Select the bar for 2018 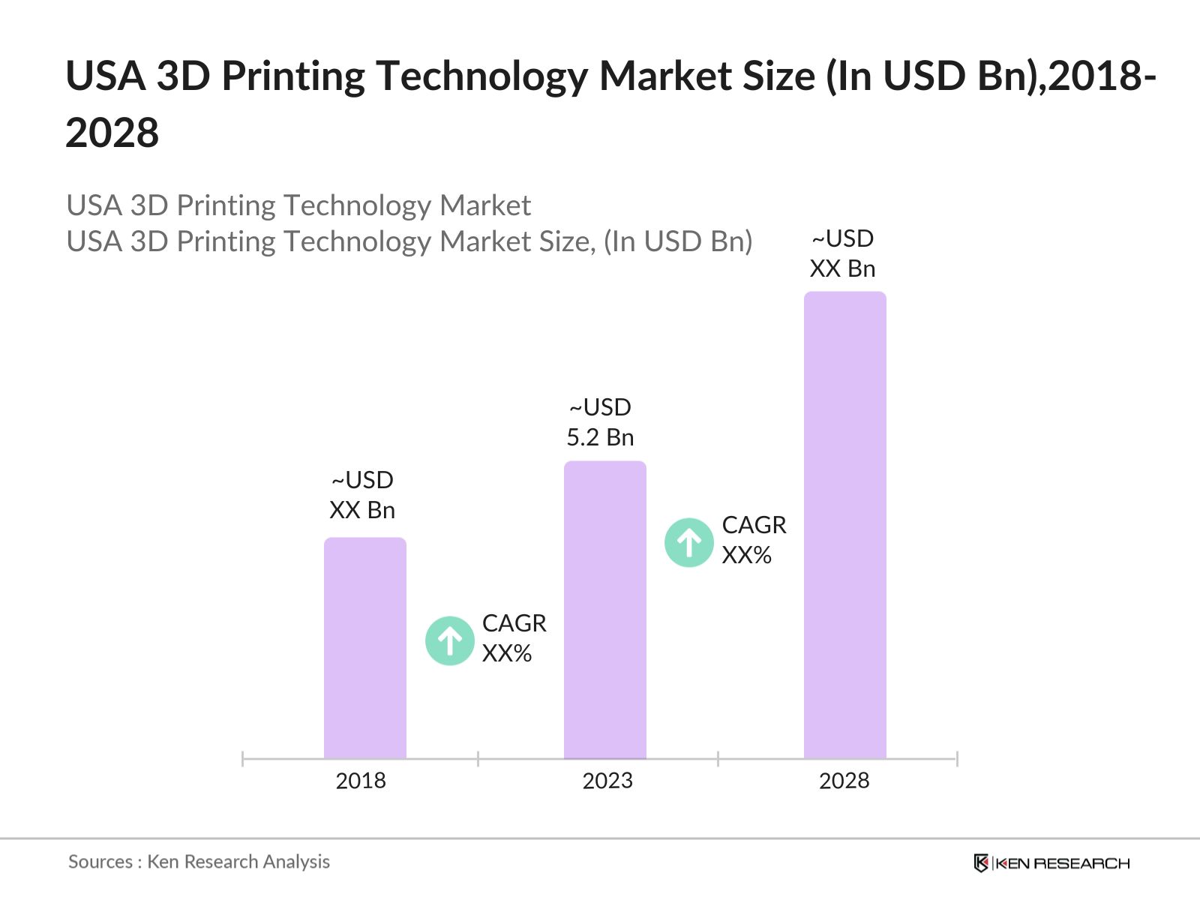pos(364,649)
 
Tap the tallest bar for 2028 pos(844,525)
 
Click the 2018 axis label pos(361,781)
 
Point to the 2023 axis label pos(607,781)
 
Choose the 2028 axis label pos(844,781)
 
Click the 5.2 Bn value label pos(600,437)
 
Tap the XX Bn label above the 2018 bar pos(362,510)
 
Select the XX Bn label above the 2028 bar pos(842,268)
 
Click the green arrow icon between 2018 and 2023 pos(450,640)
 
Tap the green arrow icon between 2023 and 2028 pos(688,542)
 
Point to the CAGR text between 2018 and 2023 pos(514,623)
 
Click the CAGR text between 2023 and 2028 pos(754,525)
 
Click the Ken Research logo pos(1051,863)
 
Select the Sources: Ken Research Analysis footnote pos(199,862)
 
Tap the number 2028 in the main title pos(112,133)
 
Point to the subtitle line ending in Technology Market pos(298,205)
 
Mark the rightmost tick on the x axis pos(956,759)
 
